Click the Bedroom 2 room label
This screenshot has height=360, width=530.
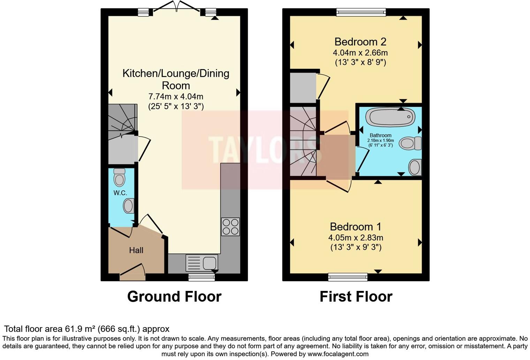pyautogui.click(x=360, y=42)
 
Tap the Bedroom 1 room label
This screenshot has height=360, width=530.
pyautogui.click(x=356, y=227)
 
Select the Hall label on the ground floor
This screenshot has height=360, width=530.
pyautogui.click(x=136, y=250)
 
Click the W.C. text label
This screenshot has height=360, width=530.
pyautogui.click(x=120, y=193)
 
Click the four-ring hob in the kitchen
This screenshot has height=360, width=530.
pyautogui.click(x=230, y=226)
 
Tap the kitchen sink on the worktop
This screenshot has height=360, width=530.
pyautogui.click(x=202, y=263)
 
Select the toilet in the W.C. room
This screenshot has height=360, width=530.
pyautogui.click(x=119, y=178)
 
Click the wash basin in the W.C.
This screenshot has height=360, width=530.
pyautogui.click(x=128, y=206)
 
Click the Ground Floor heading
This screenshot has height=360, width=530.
pyautogui.click(x=174, y=297)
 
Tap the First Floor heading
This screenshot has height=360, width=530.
pyautogui.click(x=356, y=297)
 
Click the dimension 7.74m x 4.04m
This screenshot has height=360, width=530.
pyautogui.click(x=176, y=96)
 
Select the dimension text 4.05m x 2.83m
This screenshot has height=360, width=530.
pyautogui.click(x=356, y=238)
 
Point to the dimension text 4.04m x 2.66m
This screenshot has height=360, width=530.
pyautogui.click(x=360, y=53)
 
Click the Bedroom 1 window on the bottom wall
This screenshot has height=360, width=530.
pyautogui.click(x=348, y=277)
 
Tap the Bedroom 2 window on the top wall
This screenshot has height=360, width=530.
pyautogui.click(x=361, y=12)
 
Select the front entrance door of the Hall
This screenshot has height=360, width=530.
pyautogui.click(x=132, y=273)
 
